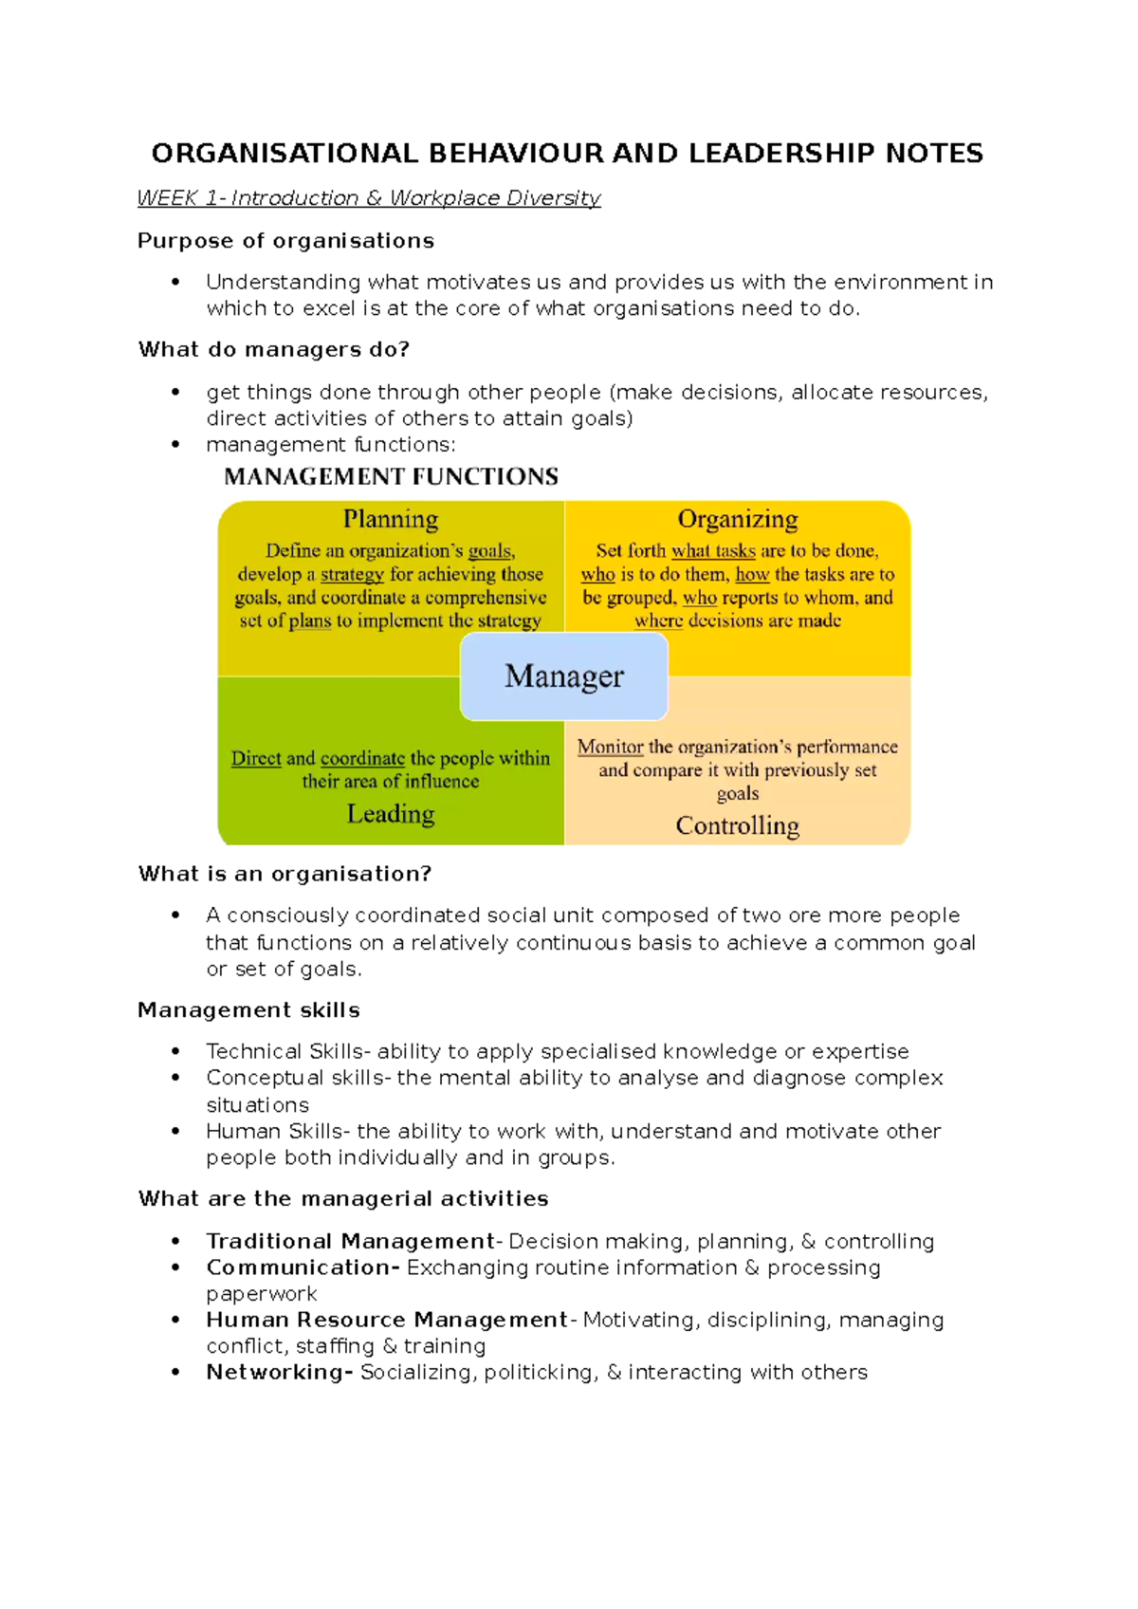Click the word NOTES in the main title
(933, 154)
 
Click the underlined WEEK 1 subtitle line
(369, 198)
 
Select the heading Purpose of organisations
(285, 241)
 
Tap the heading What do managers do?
(274, 350)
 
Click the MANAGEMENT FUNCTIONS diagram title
(391, 476)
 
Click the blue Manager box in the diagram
(564, 676)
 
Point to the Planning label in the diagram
(391, 520)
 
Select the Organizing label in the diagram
(737, 520)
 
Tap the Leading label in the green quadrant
(391, 814)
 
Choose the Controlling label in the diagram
(737, 825)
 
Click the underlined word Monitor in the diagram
(610, 748)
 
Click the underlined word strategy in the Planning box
(352, 575)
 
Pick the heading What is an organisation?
(284, 874)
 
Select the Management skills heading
(248, 1010)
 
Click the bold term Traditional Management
(350, 1242)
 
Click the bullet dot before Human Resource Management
(175, 1321)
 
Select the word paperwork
(262, 1294)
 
